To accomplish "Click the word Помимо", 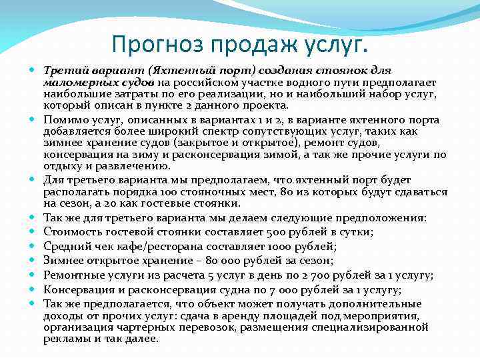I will point(63,120).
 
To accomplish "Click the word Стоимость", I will point(71,231).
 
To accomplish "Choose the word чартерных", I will point(149,327).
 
